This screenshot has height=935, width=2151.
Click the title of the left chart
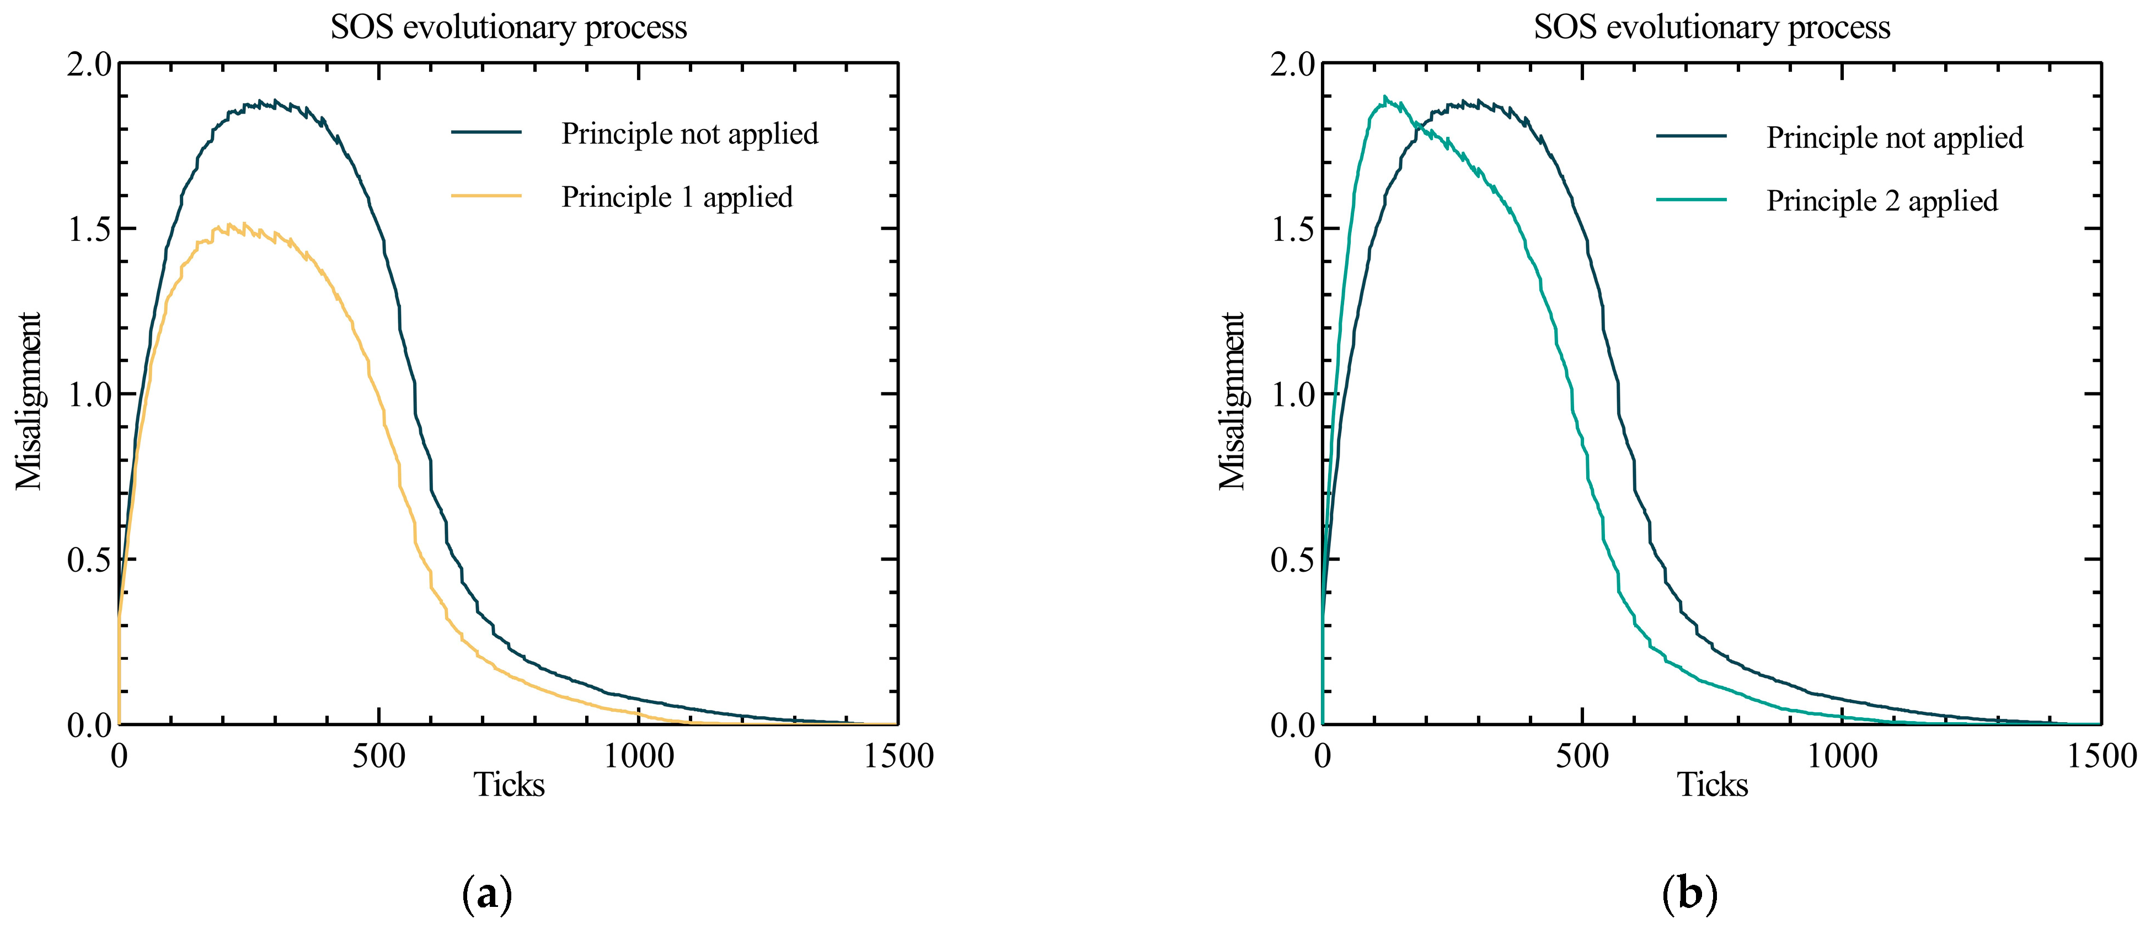[x=509, y=28]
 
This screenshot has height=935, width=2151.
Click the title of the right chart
[x=1712, y=28]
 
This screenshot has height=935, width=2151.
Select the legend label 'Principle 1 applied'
[x=676, y=197]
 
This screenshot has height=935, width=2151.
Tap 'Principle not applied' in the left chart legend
[x=689, y=133]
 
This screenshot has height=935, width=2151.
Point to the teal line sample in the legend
[x=1691, y=200]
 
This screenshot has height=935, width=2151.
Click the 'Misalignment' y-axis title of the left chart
[x=29, y=401]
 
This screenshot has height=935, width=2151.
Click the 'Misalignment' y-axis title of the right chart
[x=1233, y=401]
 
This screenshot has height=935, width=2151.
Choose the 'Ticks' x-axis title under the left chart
[x=509, y=784]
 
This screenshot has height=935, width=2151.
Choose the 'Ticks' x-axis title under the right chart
[x=1712, y=784]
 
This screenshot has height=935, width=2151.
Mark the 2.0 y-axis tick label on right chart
[x=1293, y=65]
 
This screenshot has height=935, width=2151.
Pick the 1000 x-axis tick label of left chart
[x=639, y=756]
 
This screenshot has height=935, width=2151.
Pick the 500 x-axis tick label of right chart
[x=1581, y=756]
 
